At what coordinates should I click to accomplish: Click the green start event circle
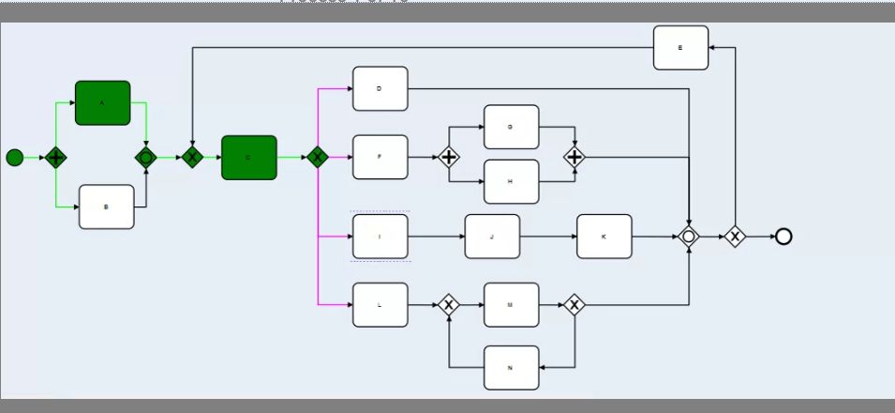tap(14, 157)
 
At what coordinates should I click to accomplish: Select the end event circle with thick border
tap(783, 237)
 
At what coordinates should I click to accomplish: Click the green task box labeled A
tap(102, 102)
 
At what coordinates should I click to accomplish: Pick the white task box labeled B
tap(106, 206)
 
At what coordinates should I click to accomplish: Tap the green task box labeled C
tap(249, 158)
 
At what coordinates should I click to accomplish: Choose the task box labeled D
tap(380, 89)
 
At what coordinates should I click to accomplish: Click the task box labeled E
tap(680, 47)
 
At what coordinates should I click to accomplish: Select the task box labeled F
tap(380, 157)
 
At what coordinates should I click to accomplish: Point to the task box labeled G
tap(511, 127)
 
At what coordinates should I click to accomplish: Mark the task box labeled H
tap(511, 181)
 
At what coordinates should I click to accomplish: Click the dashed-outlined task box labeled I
tap(380, 237)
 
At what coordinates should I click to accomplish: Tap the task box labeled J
tap(492, 237)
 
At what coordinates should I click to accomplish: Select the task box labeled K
tap(604, 237)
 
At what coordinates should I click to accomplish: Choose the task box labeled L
tap(380, 304)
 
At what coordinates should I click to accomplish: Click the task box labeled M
tap(511, 304)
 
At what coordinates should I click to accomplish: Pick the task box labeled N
tap(511, 368)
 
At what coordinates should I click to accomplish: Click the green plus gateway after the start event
tap(56, 157)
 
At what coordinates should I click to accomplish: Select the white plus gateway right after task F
tap(449, 157)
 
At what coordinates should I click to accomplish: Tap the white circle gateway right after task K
tap(689, 237)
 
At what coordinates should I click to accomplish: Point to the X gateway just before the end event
tap(735, 237)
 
